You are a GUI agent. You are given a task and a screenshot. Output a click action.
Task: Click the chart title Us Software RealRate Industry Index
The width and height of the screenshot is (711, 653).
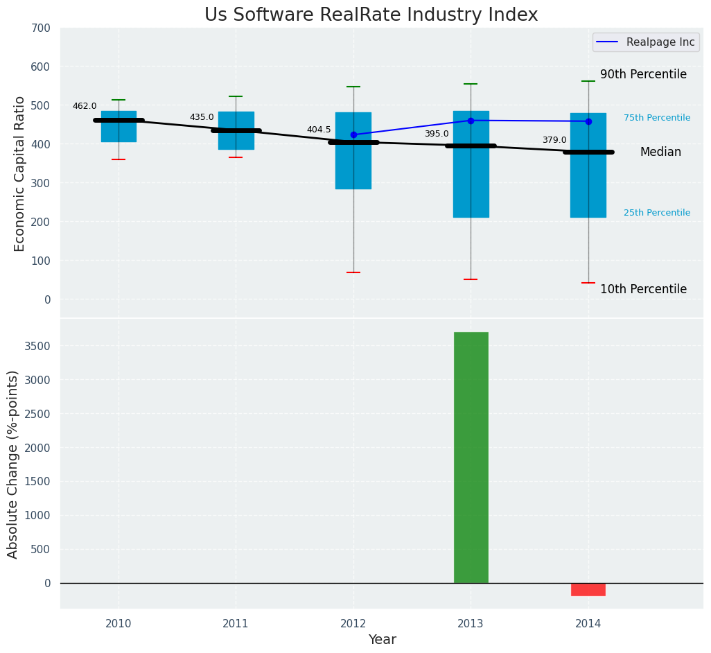[371, 15]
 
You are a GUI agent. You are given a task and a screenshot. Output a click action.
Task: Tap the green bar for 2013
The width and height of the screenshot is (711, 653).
[471, 458]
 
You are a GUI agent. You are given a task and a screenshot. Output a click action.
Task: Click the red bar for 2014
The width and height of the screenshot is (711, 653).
[588, 589]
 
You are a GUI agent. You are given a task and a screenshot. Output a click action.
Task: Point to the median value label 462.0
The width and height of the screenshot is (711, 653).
[85, 106]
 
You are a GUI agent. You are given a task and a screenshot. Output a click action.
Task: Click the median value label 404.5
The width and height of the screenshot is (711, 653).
[319, 130]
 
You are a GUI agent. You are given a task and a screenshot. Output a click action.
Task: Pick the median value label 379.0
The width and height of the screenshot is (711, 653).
[554, 140]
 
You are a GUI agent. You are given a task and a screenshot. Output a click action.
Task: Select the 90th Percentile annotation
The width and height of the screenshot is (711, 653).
[643, 74]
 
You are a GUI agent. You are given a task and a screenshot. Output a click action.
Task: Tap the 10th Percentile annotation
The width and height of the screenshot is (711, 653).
[643, 289]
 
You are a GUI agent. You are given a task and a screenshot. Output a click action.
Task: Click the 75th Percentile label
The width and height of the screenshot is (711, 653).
[657, 118]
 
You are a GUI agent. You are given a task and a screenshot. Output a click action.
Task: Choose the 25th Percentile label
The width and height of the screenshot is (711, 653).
[657, 213]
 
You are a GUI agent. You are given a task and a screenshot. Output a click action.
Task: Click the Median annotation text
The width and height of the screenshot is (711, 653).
[660, 152]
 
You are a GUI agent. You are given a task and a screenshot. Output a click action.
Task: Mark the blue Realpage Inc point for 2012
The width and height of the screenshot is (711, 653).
[353, 134]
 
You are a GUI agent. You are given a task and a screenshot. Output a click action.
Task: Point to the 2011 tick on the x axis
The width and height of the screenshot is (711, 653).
[236, 624]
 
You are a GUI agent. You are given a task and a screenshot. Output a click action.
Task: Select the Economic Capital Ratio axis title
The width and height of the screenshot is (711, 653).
[19, 173]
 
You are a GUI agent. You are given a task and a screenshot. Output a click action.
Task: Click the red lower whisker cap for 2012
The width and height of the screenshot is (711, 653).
[353, 272]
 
